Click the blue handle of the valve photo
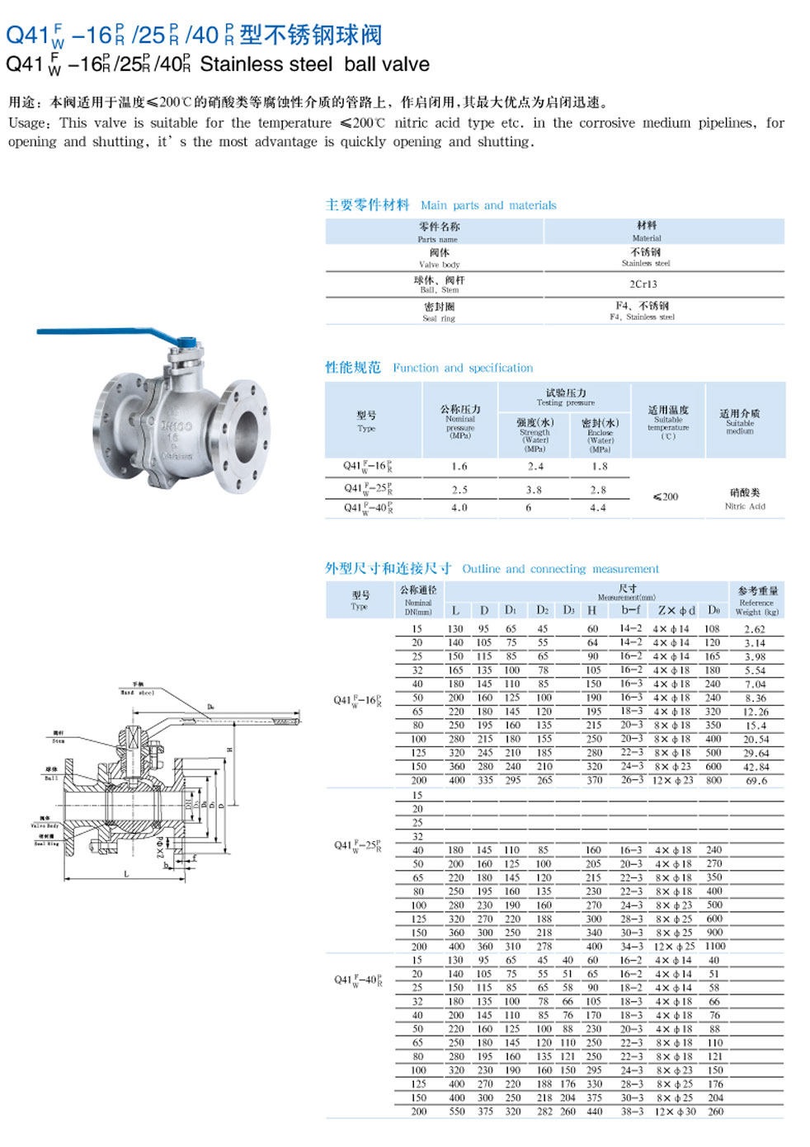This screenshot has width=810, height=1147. coord(99,333)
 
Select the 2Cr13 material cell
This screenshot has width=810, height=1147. coord(643,284)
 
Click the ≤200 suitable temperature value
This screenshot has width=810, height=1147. coord(665,496)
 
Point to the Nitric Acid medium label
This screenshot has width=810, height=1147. coord(745,506)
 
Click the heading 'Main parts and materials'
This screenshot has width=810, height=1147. coord(488,205)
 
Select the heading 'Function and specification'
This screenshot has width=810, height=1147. coord(463,368)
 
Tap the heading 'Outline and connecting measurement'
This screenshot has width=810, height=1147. coord(560,569)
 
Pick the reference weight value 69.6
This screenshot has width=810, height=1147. coord(756,780)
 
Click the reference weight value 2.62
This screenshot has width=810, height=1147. coord(755,629)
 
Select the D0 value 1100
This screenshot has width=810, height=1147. coord(715,946)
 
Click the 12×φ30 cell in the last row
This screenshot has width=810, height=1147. coord(676,1112)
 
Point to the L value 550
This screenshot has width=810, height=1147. coord(456,1112)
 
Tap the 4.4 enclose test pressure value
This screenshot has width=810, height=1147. coord(598,508)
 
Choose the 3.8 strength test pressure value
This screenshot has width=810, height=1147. coord(534,489)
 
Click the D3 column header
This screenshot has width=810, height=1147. coord(568,610)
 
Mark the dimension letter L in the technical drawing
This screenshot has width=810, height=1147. coord(126,873)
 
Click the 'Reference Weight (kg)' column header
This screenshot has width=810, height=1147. coord(756,601)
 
